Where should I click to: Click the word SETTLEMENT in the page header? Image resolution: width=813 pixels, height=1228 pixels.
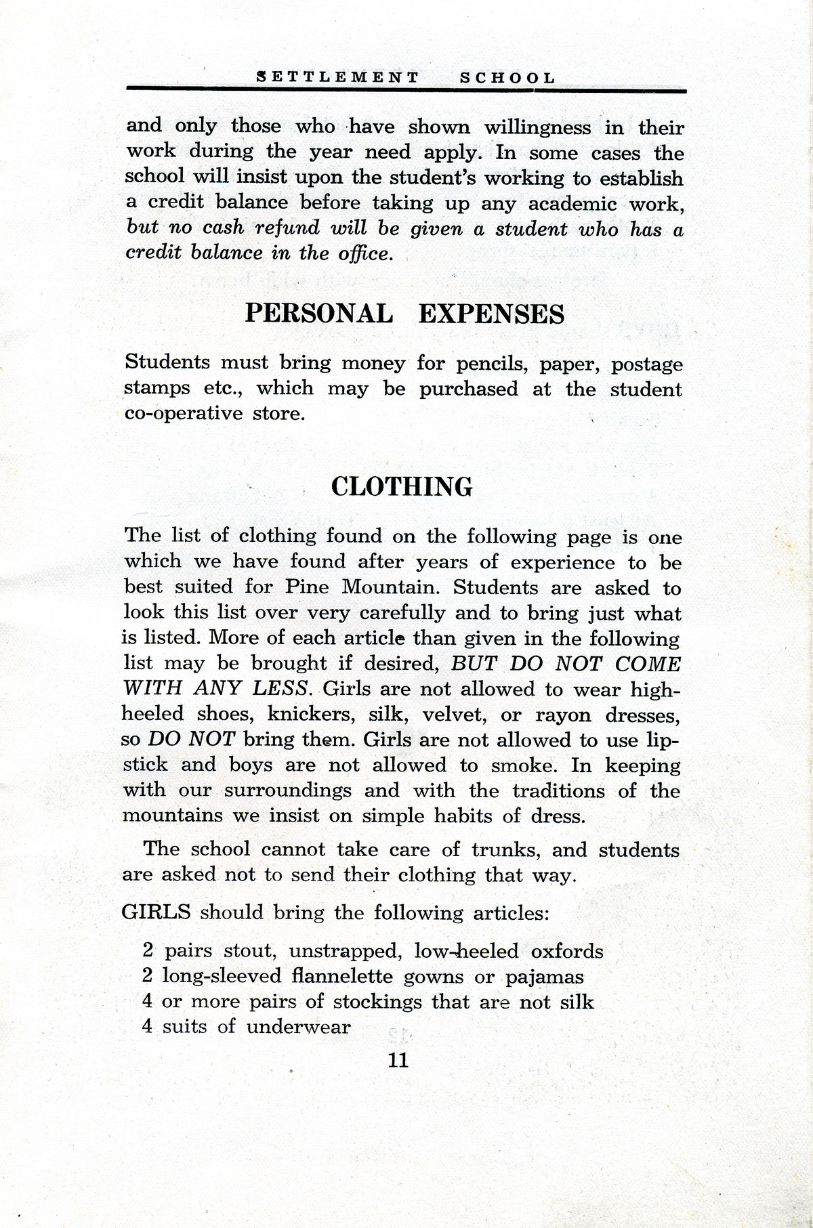pos(338,77)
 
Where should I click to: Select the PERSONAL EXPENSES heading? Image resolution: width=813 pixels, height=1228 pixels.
pos(404,314)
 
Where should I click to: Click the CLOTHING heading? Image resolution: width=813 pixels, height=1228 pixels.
pos(402,487)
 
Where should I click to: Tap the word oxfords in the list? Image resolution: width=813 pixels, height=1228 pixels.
pos(567,951)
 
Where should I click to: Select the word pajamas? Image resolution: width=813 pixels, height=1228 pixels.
pos(544,977)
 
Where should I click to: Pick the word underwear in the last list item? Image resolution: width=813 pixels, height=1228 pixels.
pos(298,1027)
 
